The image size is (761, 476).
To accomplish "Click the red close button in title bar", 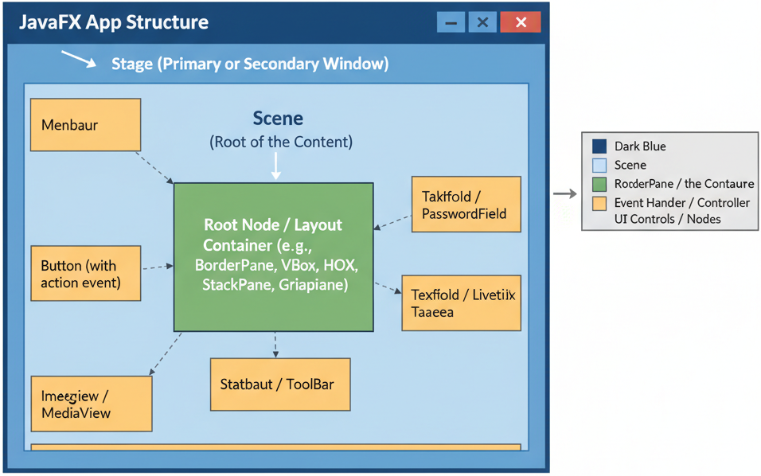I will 521,22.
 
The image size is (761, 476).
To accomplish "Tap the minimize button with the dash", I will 451,22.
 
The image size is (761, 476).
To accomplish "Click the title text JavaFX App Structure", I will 114,22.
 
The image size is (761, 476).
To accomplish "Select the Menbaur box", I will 85,125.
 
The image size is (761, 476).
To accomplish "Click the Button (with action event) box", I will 85,273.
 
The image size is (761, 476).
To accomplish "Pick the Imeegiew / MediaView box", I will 91,404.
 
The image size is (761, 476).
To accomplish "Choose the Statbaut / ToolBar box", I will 279,384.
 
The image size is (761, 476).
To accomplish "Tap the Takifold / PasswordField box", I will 466,205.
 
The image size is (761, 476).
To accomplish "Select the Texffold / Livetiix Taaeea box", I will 461,302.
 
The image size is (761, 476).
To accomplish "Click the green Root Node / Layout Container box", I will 273,256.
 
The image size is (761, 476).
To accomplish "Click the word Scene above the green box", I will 278,119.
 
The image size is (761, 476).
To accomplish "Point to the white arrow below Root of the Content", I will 276,166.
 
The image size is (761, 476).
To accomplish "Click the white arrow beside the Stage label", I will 78,59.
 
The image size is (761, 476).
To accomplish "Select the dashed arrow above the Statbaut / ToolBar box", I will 275,345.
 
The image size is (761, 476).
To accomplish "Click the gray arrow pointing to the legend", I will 565,193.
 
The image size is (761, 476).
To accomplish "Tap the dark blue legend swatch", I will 599,146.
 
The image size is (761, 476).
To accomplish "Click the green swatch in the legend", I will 599,184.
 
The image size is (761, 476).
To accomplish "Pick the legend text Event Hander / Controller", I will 682,203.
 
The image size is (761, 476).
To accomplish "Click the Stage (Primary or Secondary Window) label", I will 250,64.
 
